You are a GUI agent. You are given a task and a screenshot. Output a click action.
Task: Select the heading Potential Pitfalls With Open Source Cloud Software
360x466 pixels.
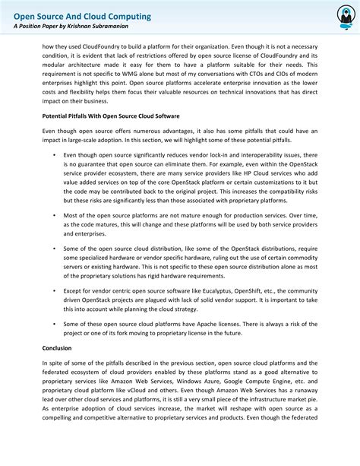111,116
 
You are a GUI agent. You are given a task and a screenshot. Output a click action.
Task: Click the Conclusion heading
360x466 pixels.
57,347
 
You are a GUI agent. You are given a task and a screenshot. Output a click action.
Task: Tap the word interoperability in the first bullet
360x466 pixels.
261,154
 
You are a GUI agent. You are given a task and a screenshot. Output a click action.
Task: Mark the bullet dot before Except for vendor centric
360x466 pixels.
55,290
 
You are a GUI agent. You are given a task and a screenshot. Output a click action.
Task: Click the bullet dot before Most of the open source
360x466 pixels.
55,215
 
